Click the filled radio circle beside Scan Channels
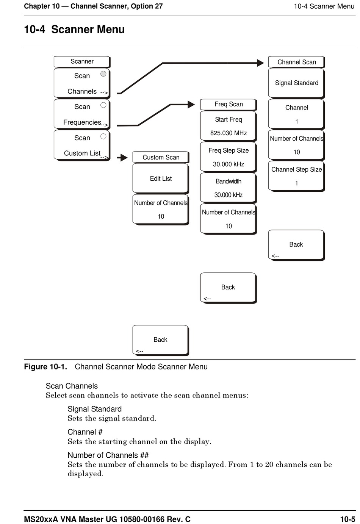pyautogui.click(x=103, y=74)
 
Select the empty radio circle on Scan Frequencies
pyautogui.click(x=103, y=105)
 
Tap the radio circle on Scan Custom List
pyautogui.click(x=103, y=136)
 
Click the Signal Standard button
pyautogui.click(x=296, y=83)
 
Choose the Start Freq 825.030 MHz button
pyautogui.click(x=228, y=126)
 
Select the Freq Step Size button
pyautogui.click(x=228, y=157)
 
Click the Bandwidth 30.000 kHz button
pyautogui.click(x=228, y=188)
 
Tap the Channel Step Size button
pyautogui.click(x=296, y=176)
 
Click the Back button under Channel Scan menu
pyautogui.click(x=296, y=245)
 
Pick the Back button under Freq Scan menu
pyautogui.click(x=228, y=288)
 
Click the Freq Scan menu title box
pyautogui.click(x=228, y=105)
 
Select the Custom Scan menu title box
pyautogui.click(x=161, y=157)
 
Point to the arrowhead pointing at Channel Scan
pyautogui.click(x=260, y=63)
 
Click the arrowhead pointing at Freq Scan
pyautogui.click(x=191, y=105)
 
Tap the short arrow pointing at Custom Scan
pyautogui.click(x=122, y=158)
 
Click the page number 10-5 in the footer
pyautogui.click(x=347, y=519)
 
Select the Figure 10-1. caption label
pyautogui.click(x=45, y=366)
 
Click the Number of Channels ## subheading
pyautogui.click(x=108, y=455)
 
